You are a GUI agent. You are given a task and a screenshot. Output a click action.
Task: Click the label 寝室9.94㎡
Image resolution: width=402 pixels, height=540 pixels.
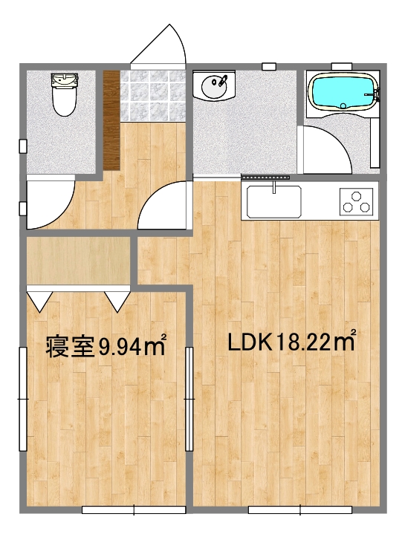[105, 345]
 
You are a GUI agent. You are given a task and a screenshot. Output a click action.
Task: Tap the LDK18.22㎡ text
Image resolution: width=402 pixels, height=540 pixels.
[291, 342]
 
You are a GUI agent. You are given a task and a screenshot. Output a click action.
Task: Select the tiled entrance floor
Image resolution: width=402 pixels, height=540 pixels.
[152, 96]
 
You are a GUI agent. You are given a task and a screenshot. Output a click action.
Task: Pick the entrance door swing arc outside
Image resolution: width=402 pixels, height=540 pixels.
[162, 46]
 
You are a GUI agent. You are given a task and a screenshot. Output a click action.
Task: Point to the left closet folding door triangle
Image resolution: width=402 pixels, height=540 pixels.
[39, 299]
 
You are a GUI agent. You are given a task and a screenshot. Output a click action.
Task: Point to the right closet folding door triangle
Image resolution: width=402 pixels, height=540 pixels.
[117, 299]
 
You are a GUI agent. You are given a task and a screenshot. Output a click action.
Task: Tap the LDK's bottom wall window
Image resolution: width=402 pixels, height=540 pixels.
[300, 510]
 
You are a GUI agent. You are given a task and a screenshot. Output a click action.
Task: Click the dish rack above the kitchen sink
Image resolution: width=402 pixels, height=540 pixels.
[265, 178]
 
